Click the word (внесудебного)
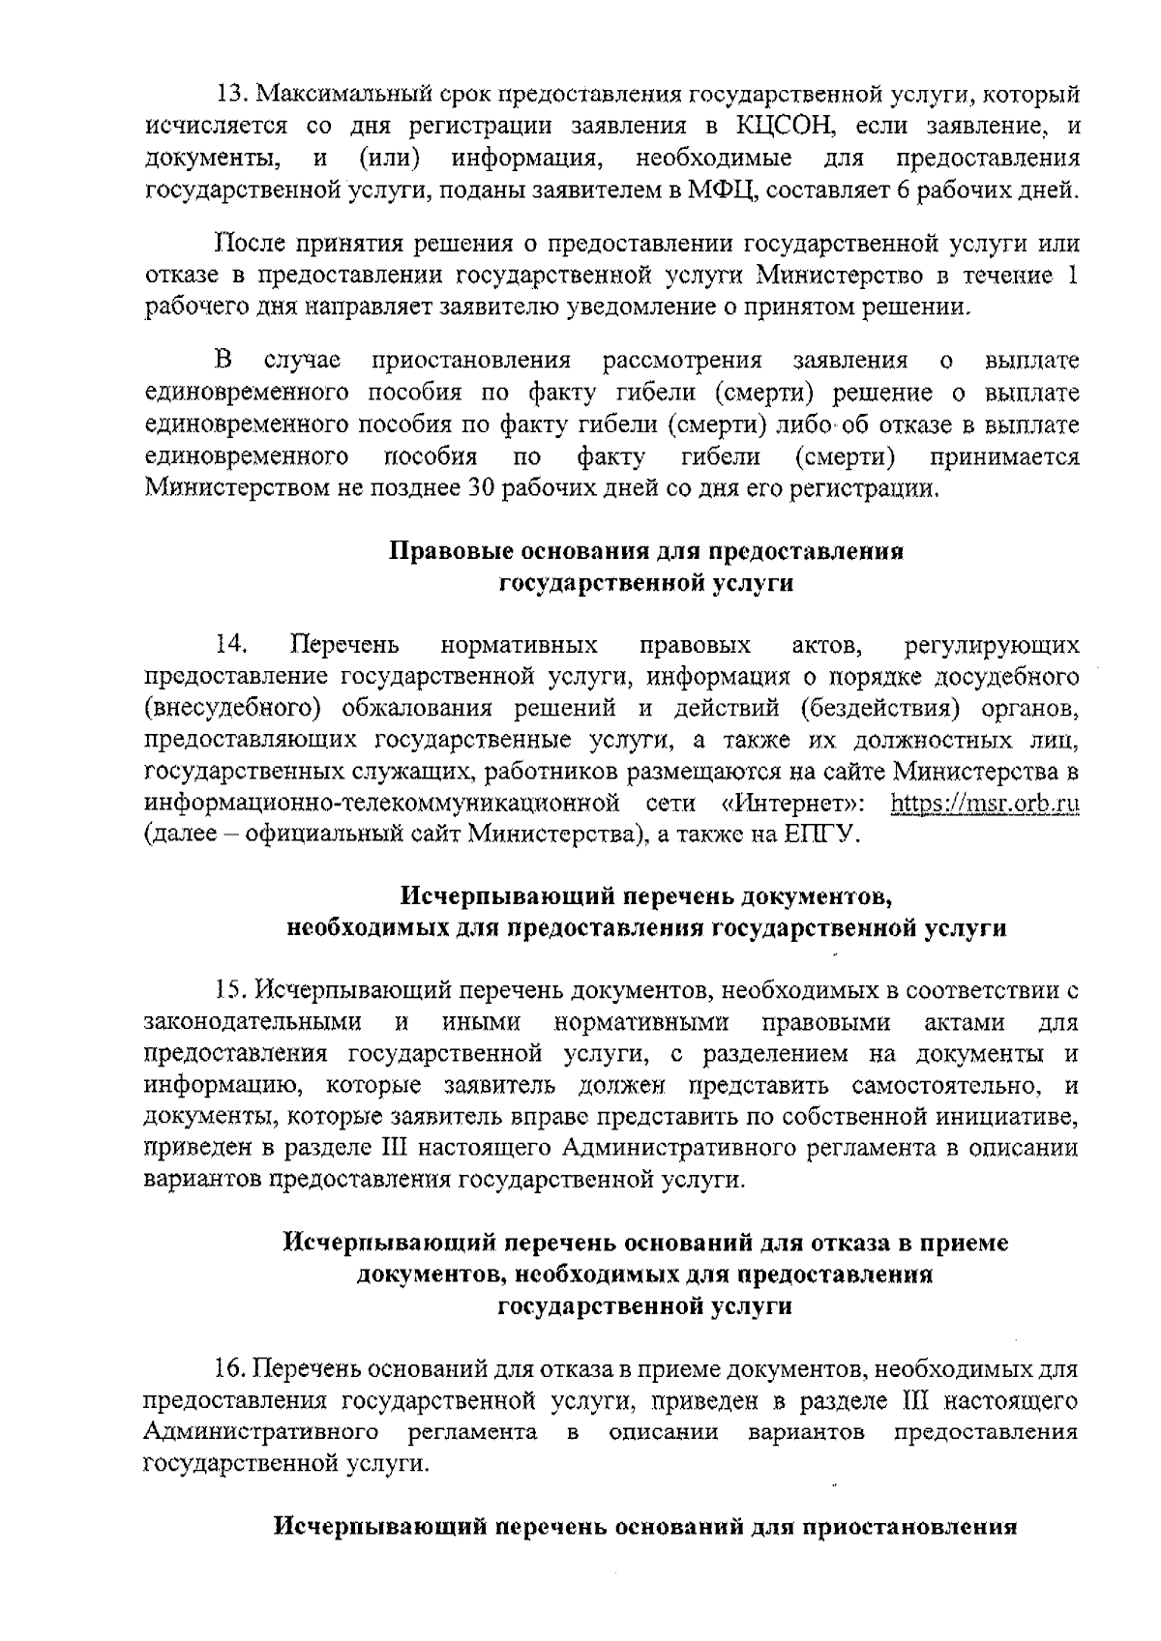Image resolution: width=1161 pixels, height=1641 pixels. click(x=231, y=708)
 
